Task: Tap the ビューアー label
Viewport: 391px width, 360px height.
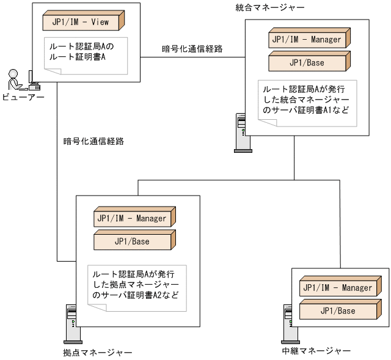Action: [23, 97]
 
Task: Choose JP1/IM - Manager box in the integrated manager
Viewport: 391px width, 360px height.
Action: [309, 40]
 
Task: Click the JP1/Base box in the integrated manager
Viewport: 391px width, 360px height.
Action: [309, 62]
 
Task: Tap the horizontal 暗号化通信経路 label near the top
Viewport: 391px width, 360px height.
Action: [192, 48]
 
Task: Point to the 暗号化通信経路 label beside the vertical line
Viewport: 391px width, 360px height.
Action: [93, 141]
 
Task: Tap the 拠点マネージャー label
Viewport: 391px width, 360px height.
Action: [98, 353]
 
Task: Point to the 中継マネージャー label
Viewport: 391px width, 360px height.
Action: [316, 351]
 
